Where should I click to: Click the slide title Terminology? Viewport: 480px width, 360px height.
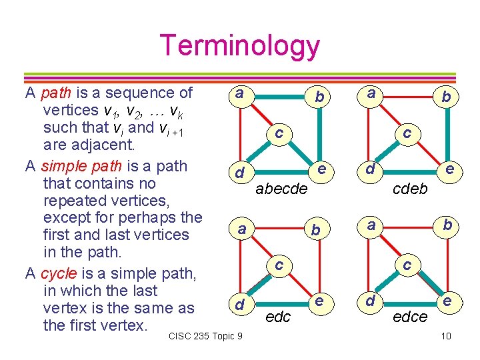[240, 45]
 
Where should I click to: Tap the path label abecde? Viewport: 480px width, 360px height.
[282, 189]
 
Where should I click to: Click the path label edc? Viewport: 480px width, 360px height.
[278, 317]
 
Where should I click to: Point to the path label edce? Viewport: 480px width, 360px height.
[410, 317]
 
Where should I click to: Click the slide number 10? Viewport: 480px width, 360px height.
[446, 335]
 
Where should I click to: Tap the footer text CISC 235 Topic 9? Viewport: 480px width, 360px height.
[206, 335]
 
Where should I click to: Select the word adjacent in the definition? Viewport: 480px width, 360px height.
[98, 144]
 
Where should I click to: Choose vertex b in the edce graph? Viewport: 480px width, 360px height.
[447, 225]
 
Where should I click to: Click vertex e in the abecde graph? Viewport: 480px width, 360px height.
[322, 170]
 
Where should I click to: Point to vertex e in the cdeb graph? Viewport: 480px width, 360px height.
[449, 170]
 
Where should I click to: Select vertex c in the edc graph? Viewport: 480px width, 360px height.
[279, 265]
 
